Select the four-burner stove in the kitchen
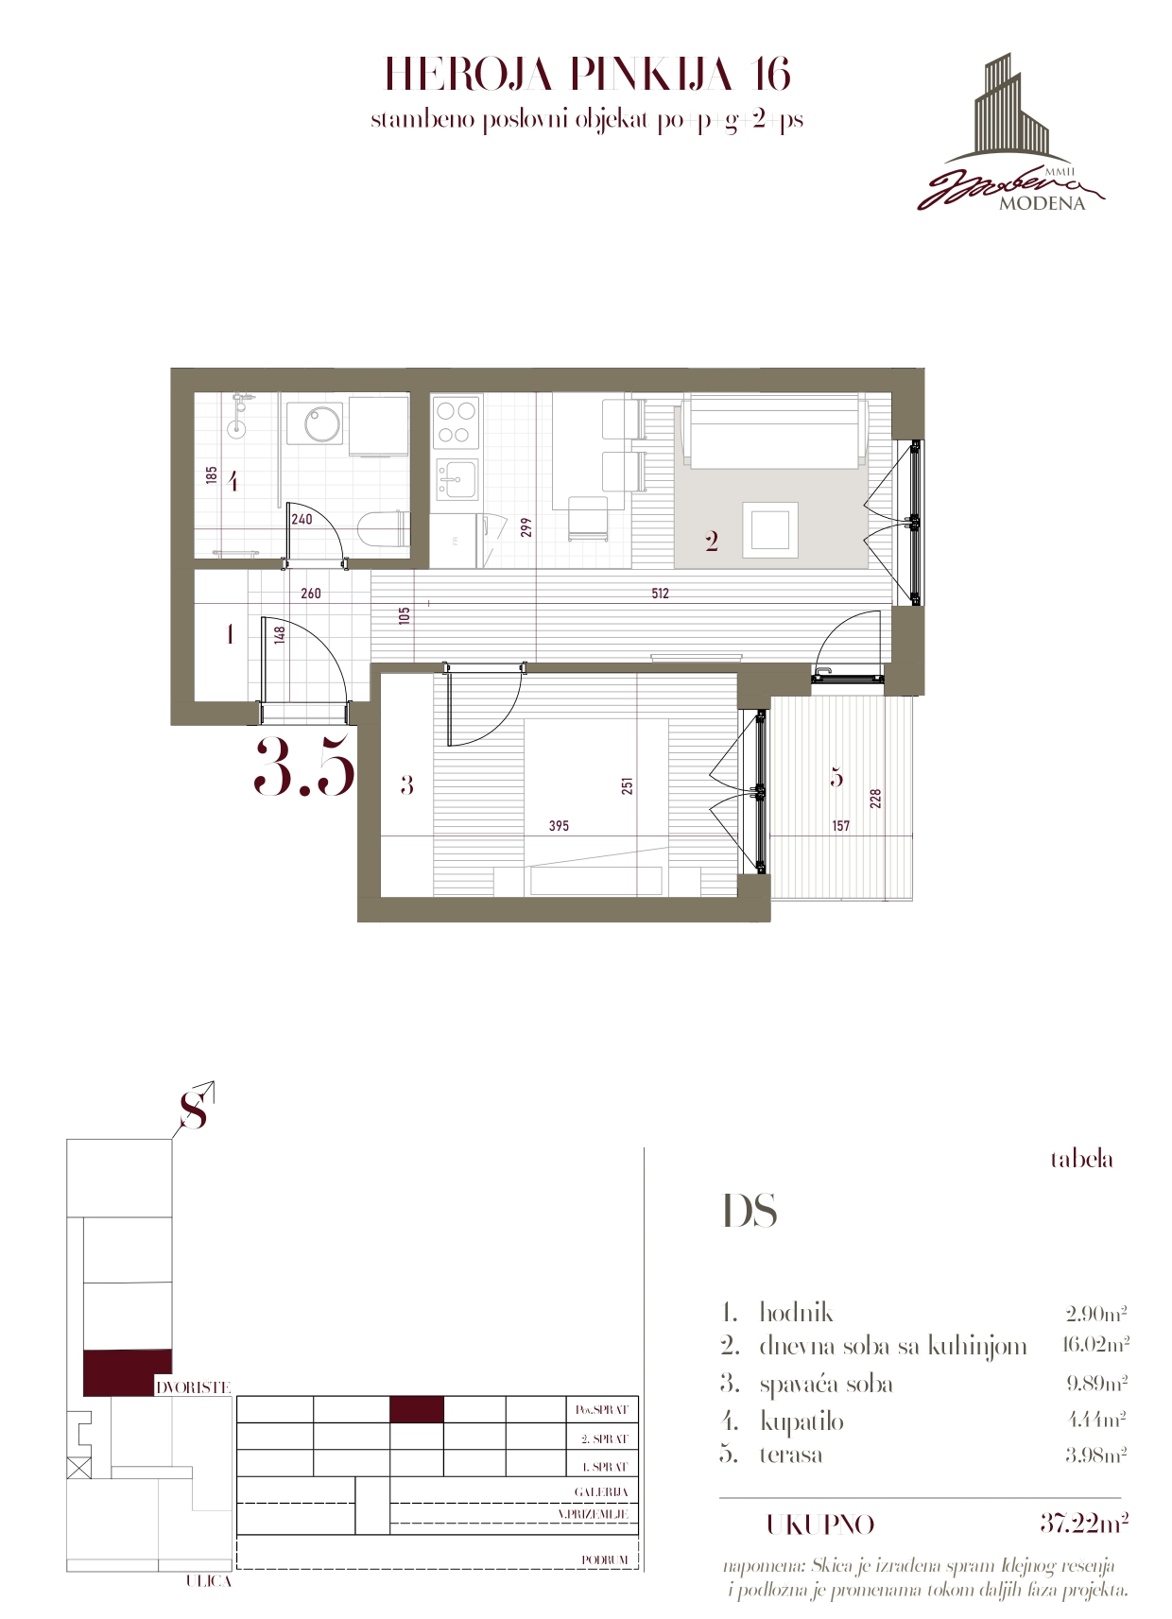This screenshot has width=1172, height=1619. coord(457,422)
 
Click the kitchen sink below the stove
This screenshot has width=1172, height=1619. coord(457,479)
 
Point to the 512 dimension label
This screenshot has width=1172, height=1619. coord(660,594)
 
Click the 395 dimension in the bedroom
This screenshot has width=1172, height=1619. coord(559,825)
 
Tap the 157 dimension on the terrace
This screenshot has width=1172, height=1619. coord(840,825)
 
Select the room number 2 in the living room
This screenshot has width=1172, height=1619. coord(712,542)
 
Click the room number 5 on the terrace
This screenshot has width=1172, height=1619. coord(836,777)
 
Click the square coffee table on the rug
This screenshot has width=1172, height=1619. coord(770,530)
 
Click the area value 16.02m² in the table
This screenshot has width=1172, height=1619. coord(1094,1344)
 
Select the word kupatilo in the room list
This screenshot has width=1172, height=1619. coord(801,1421)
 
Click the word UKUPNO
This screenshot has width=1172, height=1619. coord(819,1524)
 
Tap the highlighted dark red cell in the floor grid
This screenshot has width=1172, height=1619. coord(417,1409)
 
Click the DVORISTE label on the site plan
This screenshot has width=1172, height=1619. coord(193,1387)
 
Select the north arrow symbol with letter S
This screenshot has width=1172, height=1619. coord(194,1105)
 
